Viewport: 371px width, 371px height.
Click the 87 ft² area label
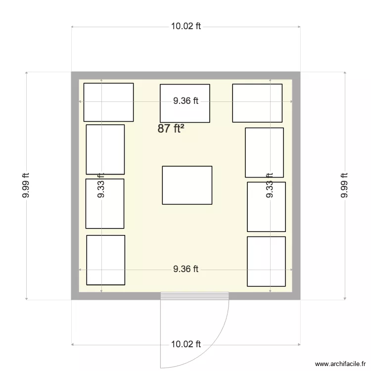pyautogui.click(x=171, y=129)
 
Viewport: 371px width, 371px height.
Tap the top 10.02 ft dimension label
pyautogui.click(x=186, y=27)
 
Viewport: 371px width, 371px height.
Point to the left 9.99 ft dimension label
pyautogui.click(x=26, y=185)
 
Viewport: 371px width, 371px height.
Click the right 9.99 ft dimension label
pyautogui.click(x=345, y=185)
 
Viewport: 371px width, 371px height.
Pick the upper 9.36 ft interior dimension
pyautogui.click(x=185, y=101)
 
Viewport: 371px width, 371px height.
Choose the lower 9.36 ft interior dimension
pyautogui.click(x=185, y=269)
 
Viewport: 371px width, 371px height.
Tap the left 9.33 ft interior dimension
pyautogui.click(x=101, y=185)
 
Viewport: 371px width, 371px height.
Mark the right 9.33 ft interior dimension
pyautogui.click(x=270, y=185)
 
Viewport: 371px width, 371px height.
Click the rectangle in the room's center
pyautogui.click(x=187, y=185)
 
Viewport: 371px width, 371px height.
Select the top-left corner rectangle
pyautogui.click(x=108, y=102)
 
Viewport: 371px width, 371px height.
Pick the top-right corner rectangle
pyautogui.click(x=257, y=103)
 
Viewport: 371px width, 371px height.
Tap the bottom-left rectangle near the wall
pyautogui.click(x=105, y=260)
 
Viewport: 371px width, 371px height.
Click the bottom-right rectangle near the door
pyautogui.click(x=266, y=261)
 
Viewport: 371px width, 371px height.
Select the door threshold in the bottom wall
pyautogui.click(x=195, y=296)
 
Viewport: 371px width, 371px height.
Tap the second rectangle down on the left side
pyautogui.click(x=105, y=149)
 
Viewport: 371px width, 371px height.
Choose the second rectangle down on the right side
pyautogui.click(x=264, y=152)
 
